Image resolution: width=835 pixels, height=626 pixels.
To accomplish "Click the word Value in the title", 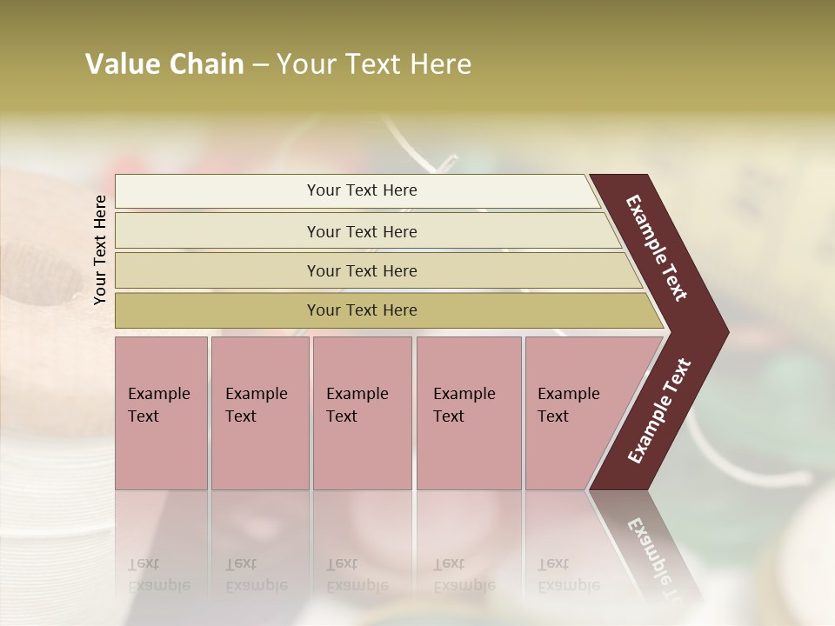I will [121, 64].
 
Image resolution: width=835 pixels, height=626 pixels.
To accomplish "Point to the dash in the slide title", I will [260, 65].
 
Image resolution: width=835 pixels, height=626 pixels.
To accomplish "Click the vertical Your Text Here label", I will [100, 250].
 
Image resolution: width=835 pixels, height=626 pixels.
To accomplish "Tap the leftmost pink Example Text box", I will [161, 413].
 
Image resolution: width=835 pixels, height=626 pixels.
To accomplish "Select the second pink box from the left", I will [259, 413].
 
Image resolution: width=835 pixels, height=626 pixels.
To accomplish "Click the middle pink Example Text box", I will [362, 413].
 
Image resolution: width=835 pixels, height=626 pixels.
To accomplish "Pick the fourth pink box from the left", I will [468, 413].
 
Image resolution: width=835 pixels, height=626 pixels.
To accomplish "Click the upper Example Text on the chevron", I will [657, 248].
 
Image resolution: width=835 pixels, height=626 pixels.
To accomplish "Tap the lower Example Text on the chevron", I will [659, 410].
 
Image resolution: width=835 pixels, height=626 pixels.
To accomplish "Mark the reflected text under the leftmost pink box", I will [158, 575].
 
